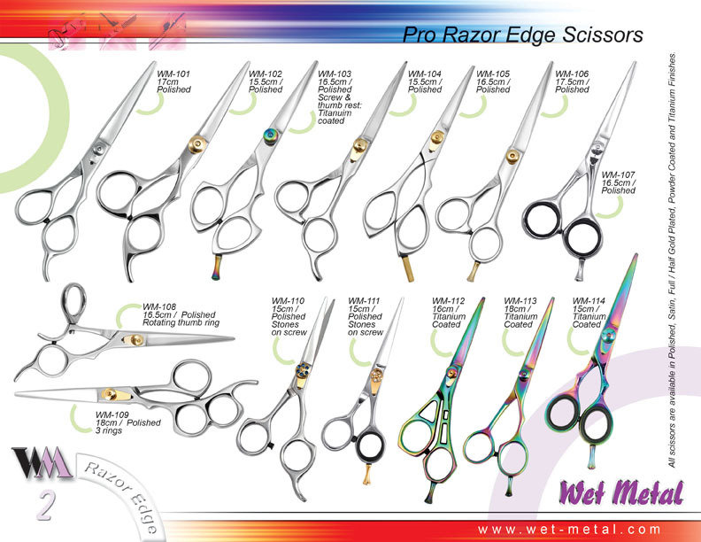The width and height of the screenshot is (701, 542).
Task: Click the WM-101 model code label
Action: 173,74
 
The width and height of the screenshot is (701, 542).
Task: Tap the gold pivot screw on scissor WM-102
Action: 197,144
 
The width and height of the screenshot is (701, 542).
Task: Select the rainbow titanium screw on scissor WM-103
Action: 270,136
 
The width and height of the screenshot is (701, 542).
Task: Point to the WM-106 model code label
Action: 572,74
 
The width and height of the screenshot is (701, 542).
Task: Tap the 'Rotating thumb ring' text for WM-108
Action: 181,322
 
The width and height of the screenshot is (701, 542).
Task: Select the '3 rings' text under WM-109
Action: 109,430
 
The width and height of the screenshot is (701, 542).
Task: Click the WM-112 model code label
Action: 449,301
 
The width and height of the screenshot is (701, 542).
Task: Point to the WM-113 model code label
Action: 520,301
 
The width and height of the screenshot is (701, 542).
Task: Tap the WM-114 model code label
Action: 589,301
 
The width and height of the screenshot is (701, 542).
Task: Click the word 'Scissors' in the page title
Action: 603,35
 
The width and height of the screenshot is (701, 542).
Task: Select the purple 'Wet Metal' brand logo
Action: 621,492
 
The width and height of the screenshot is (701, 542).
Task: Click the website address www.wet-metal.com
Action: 569,530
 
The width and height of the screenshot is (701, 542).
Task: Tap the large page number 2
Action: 46,506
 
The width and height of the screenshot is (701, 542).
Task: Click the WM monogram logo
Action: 42,462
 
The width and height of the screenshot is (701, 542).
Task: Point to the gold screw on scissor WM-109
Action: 109,393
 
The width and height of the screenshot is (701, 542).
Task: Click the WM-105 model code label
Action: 493,74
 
